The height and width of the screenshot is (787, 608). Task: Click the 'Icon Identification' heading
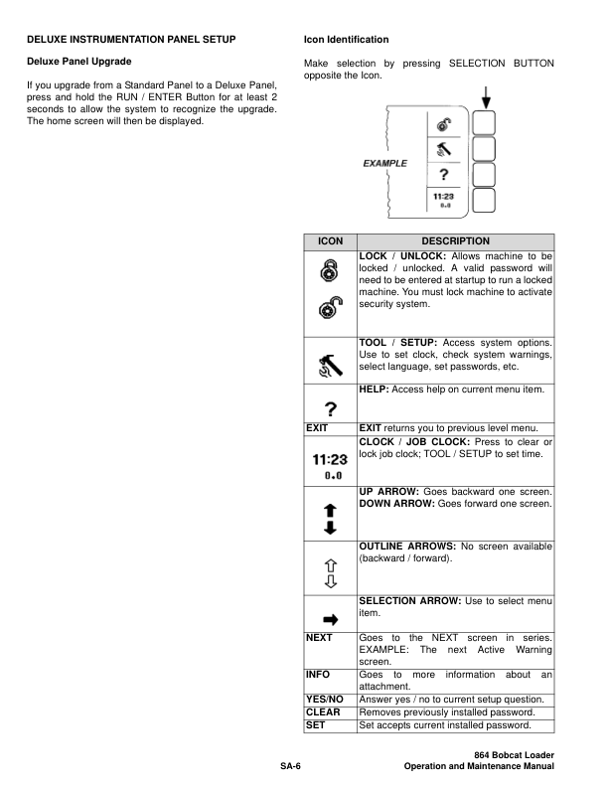pos(346,40)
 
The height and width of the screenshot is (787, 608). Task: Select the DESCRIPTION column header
pos(455,240)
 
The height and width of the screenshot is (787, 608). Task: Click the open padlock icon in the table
pos(329,310)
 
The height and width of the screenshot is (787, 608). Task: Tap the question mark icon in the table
pos(329,412)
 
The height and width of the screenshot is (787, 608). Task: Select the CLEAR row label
pos(322,712)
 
